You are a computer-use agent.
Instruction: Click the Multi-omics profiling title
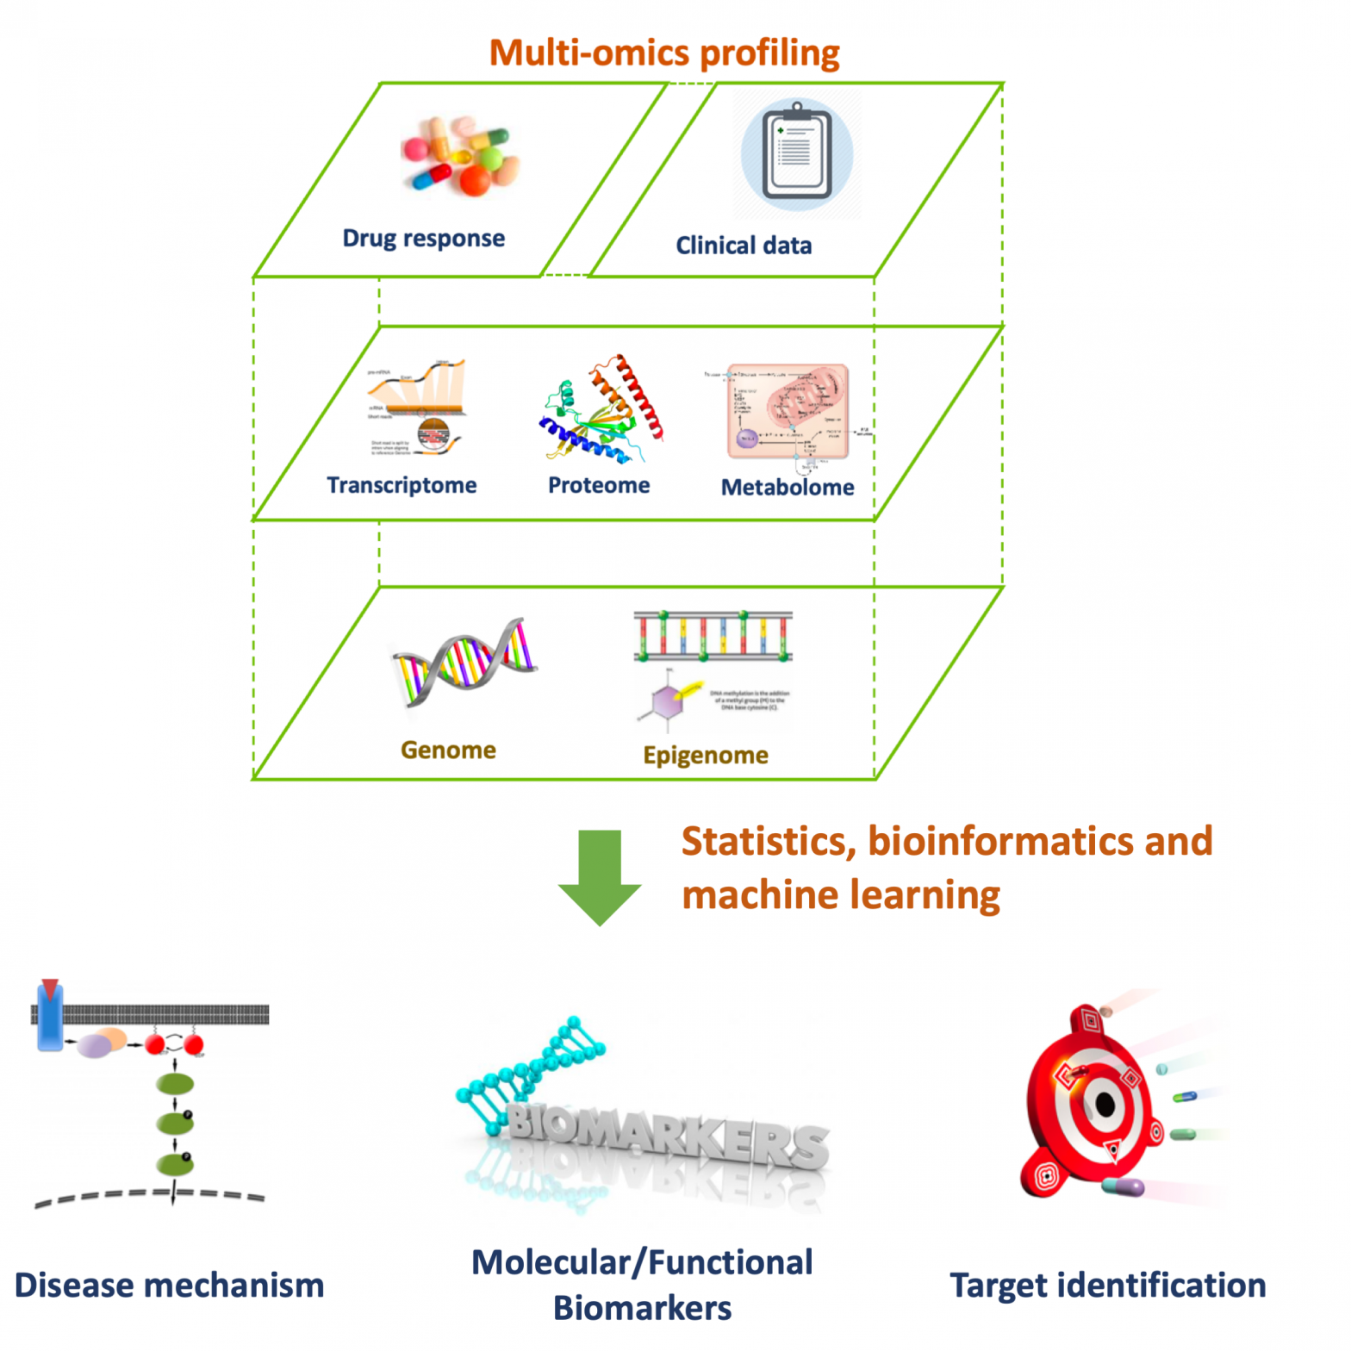coord(664,53)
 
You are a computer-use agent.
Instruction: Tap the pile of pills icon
coord(459,155)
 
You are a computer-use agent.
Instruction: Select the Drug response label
coord(423,238)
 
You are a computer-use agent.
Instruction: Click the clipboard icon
coord(797,153)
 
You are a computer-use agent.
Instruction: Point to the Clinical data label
coord(744,246)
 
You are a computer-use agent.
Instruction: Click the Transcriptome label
coord(402,485)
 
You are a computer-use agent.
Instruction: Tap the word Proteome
coord(599,485)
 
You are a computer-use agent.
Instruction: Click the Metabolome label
coord(788,488)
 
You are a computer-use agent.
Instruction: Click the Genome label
coord(448,750)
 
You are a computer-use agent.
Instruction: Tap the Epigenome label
coord(706,756)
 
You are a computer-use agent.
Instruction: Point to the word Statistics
coord(763,842)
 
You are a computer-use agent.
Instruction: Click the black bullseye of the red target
coord(1105,1104)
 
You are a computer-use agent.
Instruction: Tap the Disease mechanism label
coord(170,1286)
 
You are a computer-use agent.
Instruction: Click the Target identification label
coord(1108,1286)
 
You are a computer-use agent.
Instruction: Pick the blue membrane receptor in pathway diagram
coord(50,1021)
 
